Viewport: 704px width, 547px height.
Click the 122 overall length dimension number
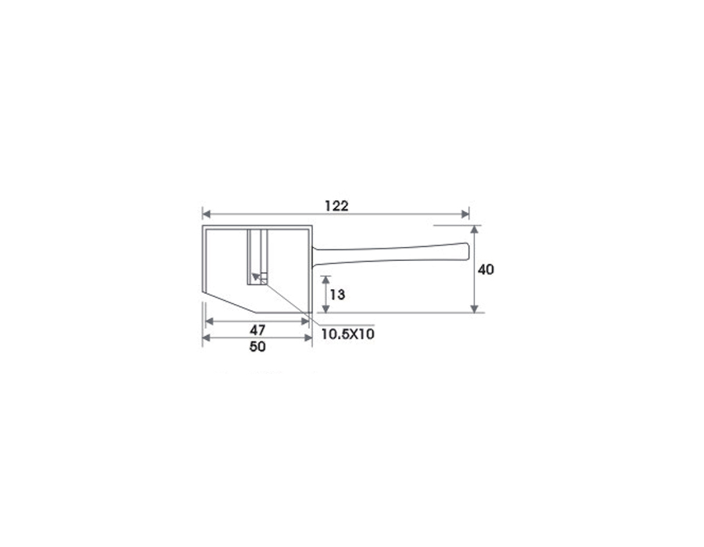[336, 206]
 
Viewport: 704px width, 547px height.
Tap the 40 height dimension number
[486, 270]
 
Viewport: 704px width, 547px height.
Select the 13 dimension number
[338, 295]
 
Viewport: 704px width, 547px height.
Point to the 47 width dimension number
[257, 331]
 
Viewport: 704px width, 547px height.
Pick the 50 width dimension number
[257, 347]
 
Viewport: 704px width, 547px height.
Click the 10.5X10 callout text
[348, 334]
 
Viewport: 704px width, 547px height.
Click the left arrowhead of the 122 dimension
[207, 214]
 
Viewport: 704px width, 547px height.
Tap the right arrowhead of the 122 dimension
[465, 214]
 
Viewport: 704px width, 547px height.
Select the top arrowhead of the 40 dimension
[474, 230]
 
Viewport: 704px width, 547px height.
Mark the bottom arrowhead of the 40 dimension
[474, 308]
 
